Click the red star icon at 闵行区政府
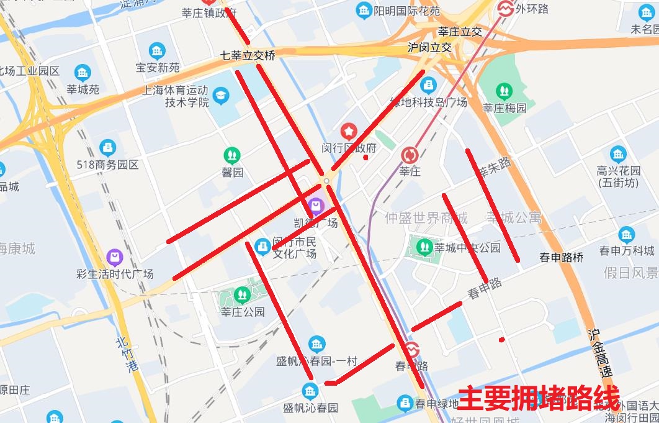point(349,131)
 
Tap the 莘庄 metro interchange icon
point(410,155)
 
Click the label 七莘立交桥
point(247,55)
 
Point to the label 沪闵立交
point(429,47)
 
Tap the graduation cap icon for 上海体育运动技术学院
point(220,95)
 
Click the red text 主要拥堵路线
point(538,398)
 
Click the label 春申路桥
point(561,257)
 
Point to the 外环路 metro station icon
point(505,8)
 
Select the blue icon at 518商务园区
point(107,148)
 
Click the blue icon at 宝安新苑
point(158,51)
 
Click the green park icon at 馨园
point(233,154)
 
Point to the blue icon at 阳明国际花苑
point(363,11)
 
